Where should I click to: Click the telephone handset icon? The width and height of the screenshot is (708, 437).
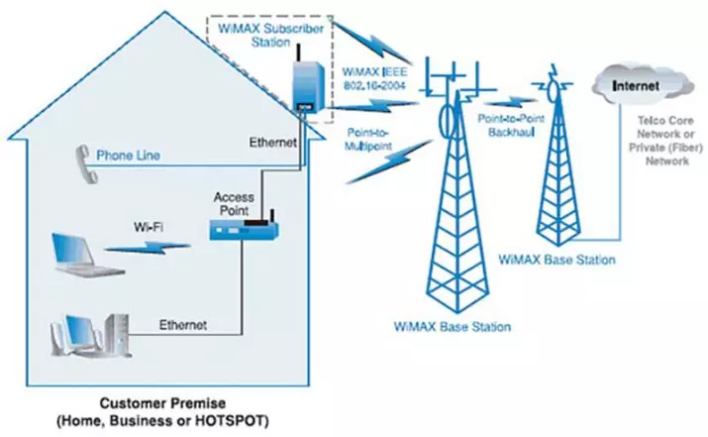click(86, 164)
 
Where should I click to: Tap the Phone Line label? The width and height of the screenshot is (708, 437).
click(129, 156)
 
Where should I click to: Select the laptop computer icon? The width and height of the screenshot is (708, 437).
click(86, 255)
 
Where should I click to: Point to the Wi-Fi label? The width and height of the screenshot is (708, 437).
click(149, 227)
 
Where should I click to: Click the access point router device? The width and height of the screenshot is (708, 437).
click(244, 230)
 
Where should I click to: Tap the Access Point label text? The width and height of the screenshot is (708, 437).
click(234, 204)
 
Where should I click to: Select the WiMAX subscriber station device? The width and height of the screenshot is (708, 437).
click(309, 87)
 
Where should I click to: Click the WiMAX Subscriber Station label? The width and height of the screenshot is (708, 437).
click(271, 36)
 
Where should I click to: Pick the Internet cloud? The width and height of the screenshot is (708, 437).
click(642, 84)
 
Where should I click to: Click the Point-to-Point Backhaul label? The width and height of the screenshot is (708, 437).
click(511, 125)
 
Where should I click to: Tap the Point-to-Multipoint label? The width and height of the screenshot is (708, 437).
click(368, 139)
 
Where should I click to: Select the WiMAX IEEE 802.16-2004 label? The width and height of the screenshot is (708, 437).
click(374, 78)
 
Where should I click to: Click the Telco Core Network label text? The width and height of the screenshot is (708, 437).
click(666, 141)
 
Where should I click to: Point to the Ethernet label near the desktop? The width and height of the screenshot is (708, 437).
click(183, 325)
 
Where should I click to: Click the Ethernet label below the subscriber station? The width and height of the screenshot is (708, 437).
click(273, 143)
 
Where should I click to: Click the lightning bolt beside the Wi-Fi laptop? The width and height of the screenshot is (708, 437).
click(148, 247)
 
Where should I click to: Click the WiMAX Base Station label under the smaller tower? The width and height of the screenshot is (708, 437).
click(556, 260)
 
